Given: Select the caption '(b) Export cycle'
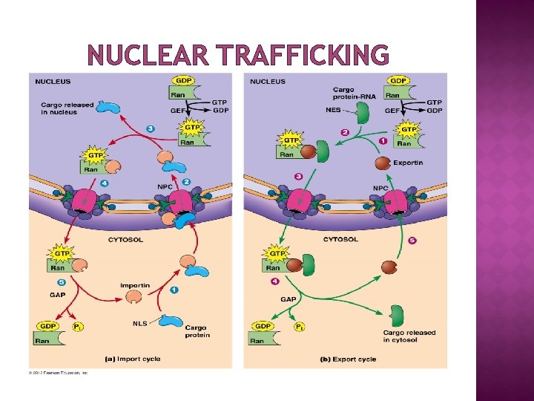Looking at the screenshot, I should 348,359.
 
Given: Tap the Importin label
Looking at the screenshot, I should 135,285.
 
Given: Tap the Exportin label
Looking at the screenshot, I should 408,163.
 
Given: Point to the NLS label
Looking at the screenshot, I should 139,322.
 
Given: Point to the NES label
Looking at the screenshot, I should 333,110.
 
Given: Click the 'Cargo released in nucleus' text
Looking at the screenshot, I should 67,108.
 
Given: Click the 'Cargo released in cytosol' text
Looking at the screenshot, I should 409,336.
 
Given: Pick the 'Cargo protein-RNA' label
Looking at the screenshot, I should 349,94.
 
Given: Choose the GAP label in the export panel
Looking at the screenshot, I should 289,299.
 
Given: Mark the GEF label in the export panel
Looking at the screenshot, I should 392,110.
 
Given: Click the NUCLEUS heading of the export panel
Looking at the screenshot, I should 268,81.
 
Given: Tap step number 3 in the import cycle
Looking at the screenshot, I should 151,128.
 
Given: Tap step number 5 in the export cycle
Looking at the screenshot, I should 412,240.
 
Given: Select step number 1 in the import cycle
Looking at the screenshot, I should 174,290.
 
